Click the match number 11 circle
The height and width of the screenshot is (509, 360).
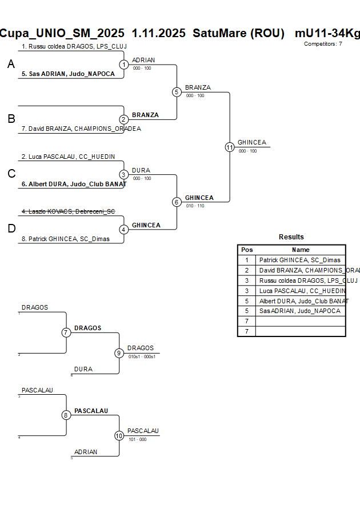pyautogui.click(x=230, y=147)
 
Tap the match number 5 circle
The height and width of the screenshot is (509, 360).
pyautogui.click(x=177, y=92)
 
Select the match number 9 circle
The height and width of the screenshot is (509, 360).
pyautogui.click(x=119, y=353)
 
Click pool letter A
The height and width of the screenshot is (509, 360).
pyautogui.click(x=11, y=65)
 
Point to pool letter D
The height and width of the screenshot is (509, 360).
pyautogui.click(x=11, y=229)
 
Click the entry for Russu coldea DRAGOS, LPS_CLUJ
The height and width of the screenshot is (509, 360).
pyautogui.click(x=74, y=46)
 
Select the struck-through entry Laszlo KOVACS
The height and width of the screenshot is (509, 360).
pyautogui.click(x=68, y=211)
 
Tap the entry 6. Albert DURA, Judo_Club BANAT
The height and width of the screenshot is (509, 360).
pyautogui.click(x=74, y=184)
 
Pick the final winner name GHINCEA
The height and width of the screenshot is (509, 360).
pyautogui.click(x=251, y=142)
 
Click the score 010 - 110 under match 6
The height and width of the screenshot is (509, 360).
pyautogui.click(x=195, y=206)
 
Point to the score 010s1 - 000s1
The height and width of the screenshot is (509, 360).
pyautogui.click(x=142, y=356)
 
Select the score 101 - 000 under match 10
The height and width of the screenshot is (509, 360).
pyautogui.click(x=137, y=439)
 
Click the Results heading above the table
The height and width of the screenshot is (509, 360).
pyautogui.click(x=291, y=237)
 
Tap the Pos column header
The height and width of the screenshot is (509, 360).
pyautogui.click(x=247, y=250)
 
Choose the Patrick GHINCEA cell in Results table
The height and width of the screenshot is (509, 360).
pyautogui.click(x=299, y=260)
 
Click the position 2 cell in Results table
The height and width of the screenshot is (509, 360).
pyautogui.click(x=247, y=270)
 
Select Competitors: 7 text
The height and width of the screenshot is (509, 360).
pyautogui.click(x=323, y=44)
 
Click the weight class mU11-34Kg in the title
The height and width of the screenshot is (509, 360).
pyautogui.click(x=327, y=33)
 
